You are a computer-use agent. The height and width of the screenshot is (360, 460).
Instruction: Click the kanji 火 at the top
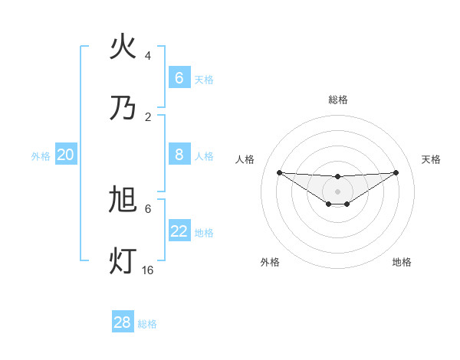point(123,47)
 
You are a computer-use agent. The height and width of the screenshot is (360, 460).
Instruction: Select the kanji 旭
point(123,201)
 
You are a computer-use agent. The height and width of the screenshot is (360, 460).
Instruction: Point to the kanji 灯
point(123,260)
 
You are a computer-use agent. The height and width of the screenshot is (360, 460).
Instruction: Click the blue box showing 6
point(179,77)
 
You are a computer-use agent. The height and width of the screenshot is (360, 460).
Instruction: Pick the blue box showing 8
point(179,155)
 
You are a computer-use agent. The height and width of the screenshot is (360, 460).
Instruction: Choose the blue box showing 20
point(66,155)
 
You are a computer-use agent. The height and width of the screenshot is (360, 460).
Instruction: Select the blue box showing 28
point(123,322)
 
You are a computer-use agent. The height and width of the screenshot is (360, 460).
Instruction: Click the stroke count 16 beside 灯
point(148,270)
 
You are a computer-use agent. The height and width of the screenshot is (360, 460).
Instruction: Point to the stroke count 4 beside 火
point(148,56)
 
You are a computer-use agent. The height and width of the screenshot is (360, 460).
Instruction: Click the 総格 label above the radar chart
point(337,100)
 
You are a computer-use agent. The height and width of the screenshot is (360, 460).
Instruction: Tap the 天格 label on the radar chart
point(431,159)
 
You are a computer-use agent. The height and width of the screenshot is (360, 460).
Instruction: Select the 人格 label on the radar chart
point(245,159)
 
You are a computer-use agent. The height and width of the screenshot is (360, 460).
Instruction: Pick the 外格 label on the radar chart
point(270,262)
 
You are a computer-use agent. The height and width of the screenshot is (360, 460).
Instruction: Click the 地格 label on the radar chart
point(402,262)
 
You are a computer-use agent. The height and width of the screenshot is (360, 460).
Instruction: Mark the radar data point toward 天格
point(396,172)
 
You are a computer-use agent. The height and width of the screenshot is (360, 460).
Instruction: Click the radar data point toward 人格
point(279,172)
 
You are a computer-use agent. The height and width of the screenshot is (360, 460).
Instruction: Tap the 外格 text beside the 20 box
point(41,156)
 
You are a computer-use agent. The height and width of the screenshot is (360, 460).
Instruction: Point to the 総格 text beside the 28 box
point(147,324)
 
